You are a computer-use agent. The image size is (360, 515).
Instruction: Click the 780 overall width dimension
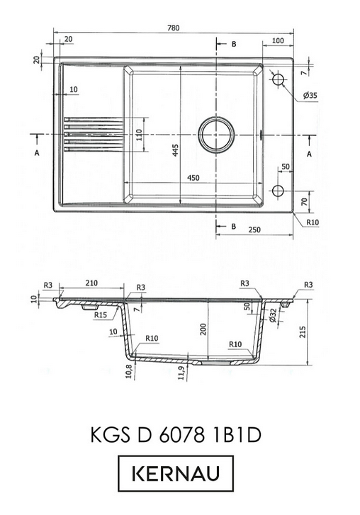(x=174, y=28)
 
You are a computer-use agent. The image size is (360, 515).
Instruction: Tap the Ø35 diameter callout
(x=310, y=96)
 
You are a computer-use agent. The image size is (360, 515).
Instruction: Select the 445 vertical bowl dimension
(x=175, y=150)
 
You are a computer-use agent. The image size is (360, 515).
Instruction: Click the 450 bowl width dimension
(x=193, y=178)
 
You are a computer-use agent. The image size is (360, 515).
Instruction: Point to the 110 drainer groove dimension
(x=139, y=135)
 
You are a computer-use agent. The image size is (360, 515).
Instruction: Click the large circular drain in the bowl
(x=216, y=135)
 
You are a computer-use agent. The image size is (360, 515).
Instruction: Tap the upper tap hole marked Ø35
(x=279, y=79)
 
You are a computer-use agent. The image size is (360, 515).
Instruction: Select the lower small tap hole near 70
(x=278, y=191)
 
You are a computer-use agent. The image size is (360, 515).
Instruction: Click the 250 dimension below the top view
(x=254, y=230)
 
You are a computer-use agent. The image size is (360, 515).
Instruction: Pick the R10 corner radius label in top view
(x=313, y=222)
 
